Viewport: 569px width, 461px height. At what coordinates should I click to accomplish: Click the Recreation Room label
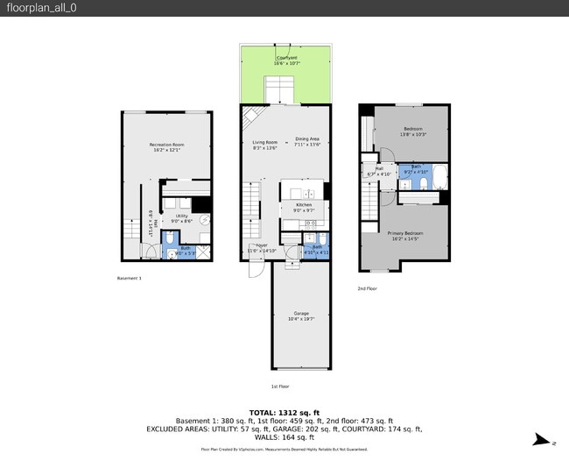[166, 144]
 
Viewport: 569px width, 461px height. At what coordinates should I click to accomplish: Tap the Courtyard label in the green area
[286, 58]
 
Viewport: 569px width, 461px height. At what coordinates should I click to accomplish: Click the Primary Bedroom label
[403, 232]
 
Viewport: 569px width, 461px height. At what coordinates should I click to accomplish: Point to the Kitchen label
[304, 204]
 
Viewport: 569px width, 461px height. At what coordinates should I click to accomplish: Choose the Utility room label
[181, 216]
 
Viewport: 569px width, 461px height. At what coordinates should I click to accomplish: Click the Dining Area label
[307, 138]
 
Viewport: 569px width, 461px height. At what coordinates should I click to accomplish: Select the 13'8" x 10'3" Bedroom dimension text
[412, 134]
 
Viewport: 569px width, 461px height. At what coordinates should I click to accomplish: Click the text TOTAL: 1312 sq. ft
[284, 412]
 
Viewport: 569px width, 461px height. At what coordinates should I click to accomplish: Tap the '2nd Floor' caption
[367, 288]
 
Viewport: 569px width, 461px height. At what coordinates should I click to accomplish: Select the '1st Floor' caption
[280, 386]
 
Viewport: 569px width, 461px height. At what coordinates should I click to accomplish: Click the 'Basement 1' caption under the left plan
[129, 278]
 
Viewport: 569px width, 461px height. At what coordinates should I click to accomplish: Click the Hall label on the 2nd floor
[380, 169]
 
